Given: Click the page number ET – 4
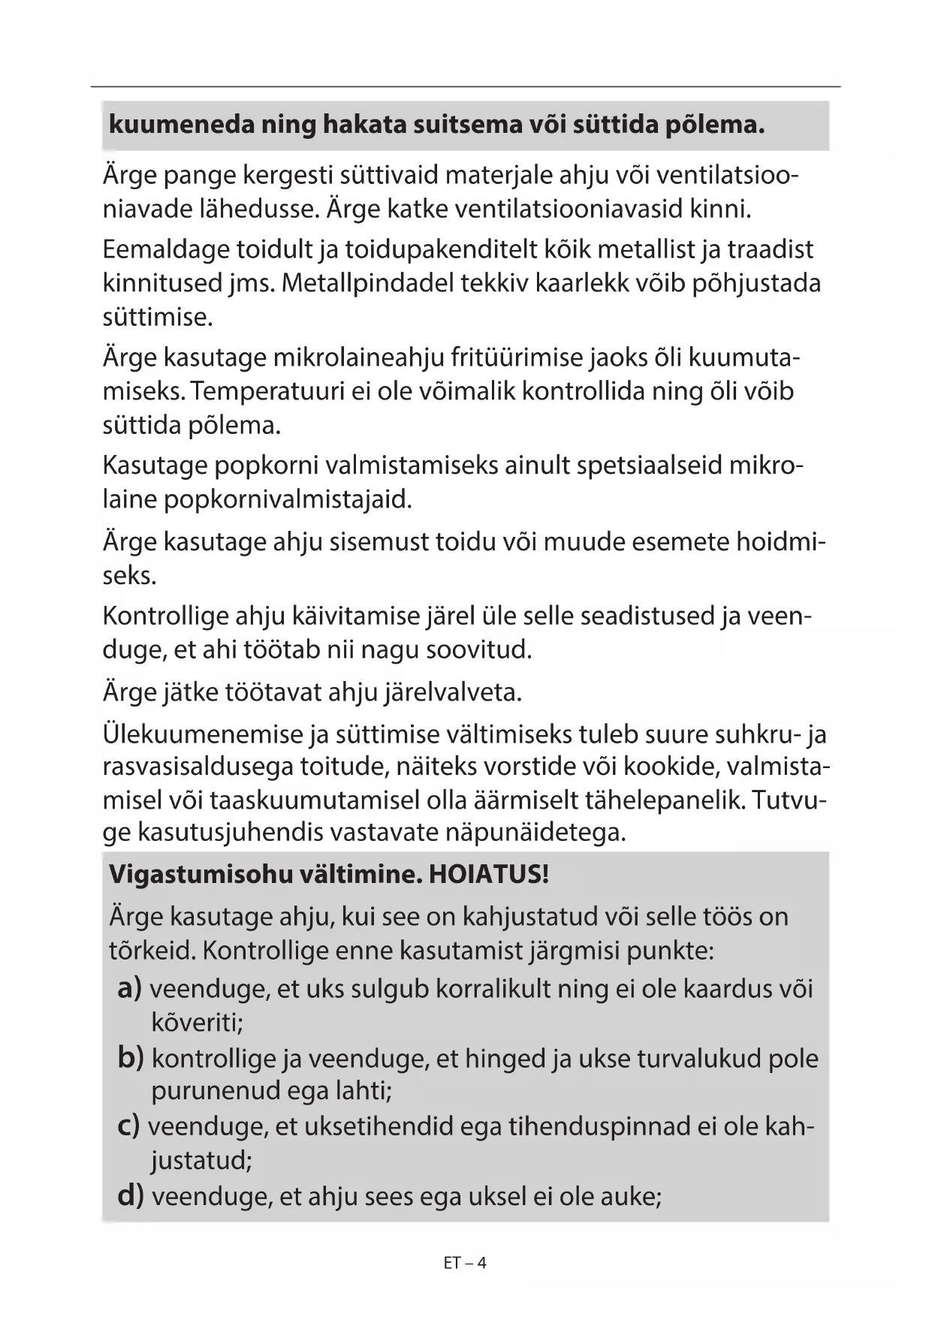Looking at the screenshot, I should coord(465,1263).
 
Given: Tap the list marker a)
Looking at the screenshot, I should coord(130,988).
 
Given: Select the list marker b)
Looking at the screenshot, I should coord(131,1058).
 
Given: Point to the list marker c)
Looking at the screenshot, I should coord(129,1126).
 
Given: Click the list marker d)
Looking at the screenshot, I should coord(131,1195).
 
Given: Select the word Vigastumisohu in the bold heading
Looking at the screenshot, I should coord(201,874).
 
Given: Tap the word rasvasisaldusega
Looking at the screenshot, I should coord(197,767).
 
